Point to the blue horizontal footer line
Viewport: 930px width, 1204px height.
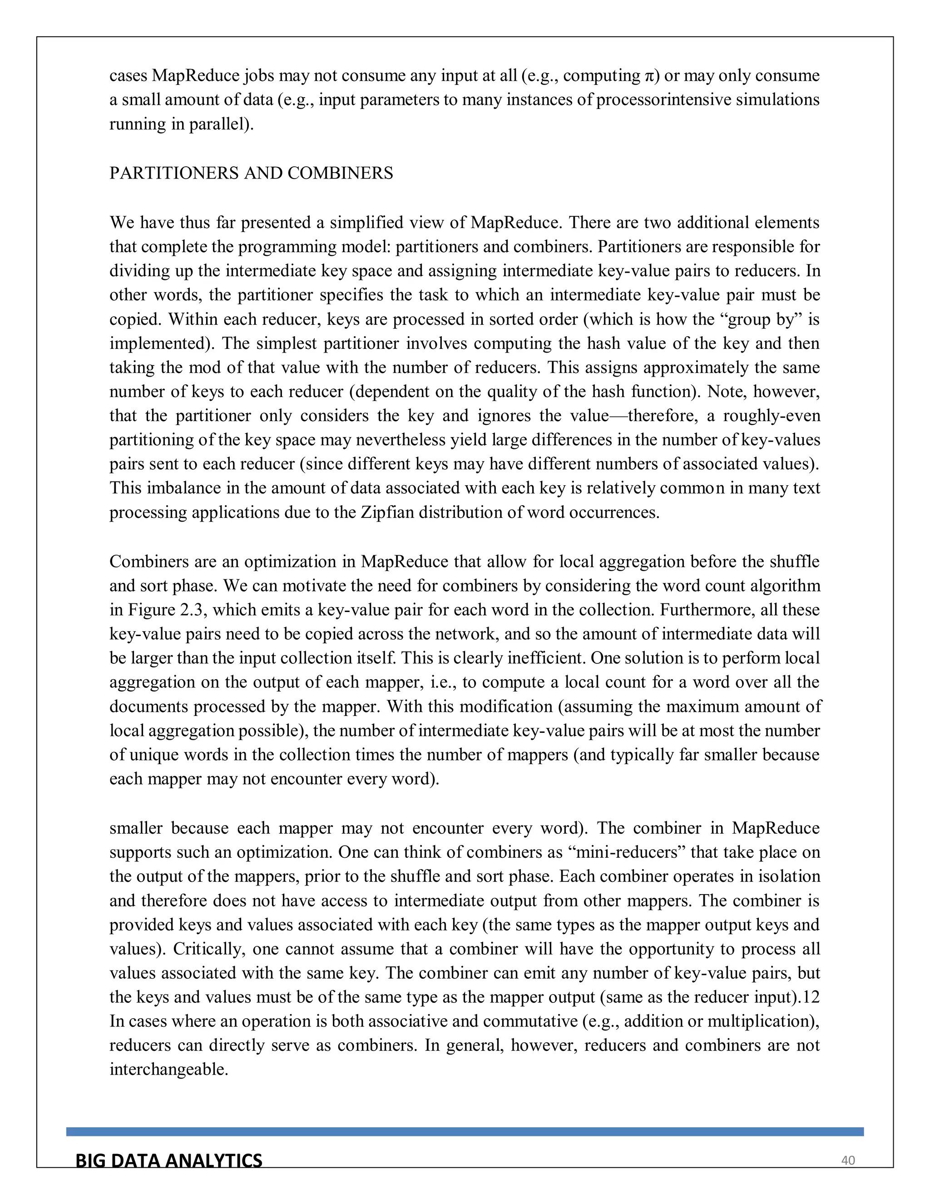pyautogui.click(x=465, y=1132)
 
